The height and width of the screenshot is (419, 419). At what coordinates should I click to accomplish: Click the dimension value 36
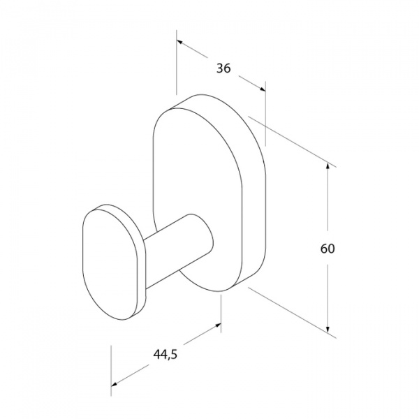click(223, 68)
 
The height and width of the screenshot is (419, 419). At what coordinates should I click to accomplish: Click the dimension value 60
click(328, 249)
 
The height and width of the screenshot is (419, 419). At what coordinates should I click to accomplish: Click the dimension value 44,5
click(165, 355)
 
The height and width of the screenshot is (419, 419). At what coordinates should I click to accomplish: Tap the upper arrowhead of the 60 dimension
click(328, 167)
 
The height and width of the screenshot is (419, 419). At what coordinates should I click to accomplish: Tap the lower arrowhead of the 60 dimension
click(328, 328)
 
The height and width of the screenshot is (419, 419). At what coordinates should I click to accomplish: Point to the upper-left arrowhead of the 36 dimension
click(180, 42)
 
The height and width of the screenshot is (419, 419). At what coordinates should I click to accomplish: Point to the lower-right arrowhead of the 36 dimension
click(262, 89)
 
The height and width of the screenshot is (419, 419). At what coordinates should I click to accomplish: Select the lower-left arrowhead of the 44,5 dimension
click(115, 384)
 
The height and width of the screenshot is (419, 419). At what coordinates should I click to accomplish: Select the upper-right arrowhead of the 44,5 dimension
click(217, 325)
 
